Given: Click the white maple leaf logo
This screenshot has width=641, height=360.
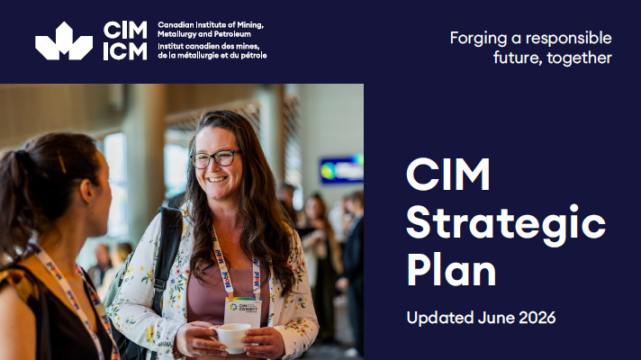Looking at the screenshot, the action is (x=64, y=41).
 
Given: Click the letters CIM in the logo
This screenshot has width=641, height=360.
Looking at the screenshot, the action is (x=125, y=31).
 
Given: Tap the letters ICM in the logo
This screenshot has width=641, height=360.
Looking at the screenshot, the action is (x=125, y=51).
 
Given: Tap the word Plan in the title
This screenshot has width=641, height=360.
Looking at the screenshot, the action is (x=451, y=269).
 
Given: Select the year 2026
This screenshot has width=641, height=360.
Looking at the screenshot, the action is (x=537, y=318).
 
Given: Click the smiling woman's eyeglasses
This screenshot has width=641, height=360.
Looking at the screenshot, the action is (x=215, y=158).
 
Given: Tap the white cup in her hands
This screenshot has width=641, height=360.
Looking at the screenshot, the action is (x=231, y=337).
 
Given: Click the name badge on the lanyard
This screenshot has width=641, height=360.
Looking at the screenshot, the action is (x=243, y=312).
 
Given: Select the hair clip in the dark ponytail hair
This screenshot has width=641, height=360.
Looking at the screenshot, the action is (x=62, y=163).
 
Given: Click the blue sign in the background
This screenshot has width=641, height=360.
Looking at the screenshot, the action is (x=342, y=169).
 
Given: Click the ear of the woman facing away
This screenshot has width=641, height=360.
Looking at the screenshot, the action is (x=87, y=191).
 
